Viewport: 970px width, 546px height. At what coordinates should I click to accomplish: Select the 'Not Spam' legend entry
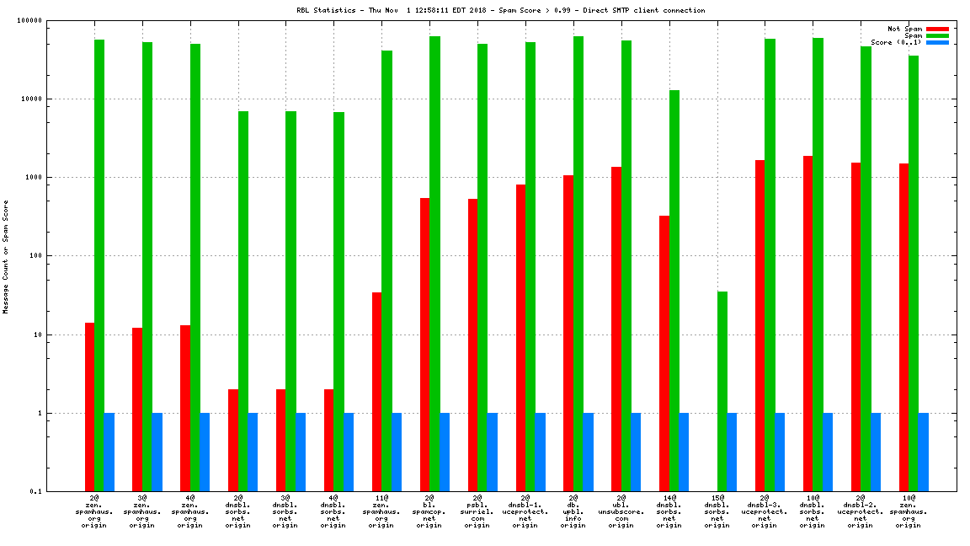click(905, 29)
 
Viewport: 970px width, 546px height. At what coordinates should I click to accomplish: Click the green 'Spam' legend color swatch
click(937, 35)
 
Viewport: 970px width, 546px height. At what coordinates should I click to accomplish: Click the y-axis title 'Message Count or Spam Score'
click(6, 257)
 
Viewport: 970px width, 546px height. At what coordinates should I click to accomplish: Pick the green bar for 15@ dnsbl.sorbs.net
click(722, 391)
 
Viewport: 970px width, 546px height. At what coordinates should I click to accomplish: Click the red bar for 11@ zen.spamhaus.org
click(376, 392)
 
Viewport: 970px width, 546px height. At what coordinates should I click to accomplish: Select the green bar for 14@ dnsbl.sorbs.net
click(674, 291)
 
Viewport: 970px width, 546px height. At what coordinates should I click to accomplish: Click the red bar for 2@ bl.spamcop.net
click(424, 345)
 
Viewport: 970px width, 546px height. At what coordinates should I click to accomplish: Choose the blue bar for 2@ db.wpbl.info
click(588, 452)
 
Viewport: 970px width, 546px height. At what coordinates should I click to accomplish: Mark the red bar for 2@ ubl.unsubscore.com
click(616, 329)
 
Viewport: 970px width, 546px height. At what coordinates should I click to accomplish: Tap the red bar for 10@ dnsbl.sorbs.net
click(808, 324)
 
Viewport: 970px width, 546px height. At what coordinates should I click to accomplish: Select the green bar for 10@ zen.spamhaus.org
click(914, 274)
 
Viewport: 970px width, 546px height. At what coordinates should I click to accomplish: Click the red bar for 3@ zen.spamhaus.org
click(137, 409)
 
